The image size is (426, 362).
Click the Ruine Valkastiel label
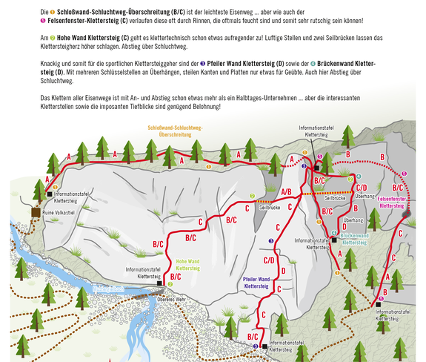[58, 213]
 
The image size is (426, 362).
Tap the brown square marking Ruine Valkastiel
[36, 212]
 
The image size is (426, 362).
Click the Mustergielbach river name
[108, 289]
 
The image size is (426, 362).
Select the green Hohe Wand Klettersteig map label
[187, 265]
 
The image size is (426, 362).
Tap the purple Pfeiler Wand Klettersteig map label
[256, 283]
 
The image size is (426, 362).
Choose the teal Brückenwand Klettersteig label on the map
[354, 239]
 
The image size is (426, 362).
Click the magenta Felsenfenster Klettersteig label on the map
[391, 203]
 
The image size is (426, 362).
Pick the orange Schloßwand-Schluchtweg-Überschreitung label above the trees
[176, 131]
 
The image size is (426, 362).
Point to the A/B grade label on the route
[286, 192]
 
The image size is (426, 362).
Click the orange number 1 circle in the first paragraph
[53, 12]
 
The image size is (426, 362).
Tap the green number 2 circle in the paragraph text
[53, 38]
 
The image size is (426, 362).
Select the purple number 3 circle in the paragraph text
[203, 64]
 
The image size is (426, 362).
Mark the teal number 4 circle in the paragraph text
[313, 64]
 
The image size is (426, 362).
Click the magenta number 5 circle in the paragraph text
[43, 21]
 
